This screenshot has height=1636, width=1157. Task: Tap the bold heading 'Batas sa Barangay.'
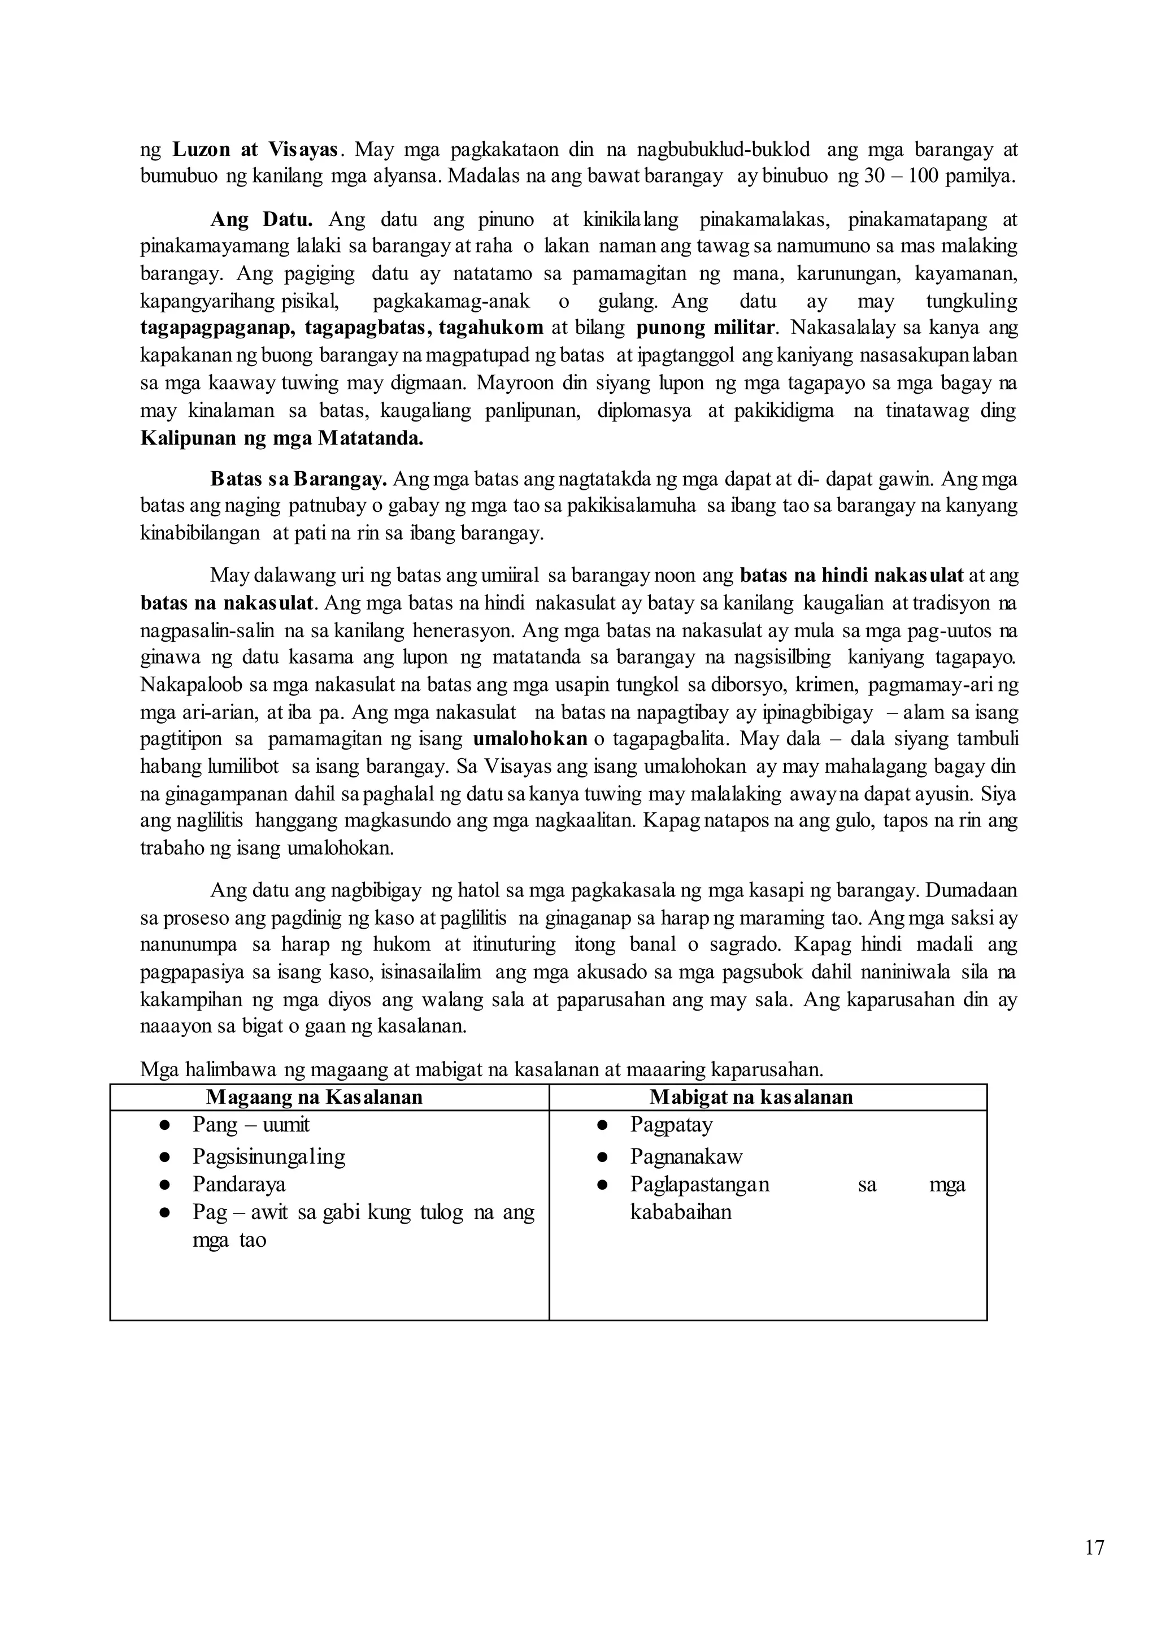(x=298, y=479)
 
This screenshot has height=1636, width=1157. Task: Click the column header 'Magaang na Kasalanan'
(x=314, y=1097)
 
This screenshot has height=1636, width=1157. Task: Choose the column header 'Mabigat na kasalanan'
(x=751, y=1097)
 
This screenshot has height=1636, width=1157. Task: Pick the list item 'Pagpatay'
(x=671, y=1125)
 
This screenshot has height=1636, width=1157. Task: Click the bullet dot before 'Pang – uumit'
(x=164, y=1125)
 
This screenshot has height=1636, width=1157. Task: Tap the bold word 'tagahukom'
(x=491, y=328)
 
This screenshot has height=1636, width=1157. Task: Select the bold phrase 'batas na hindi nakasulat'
(x=852, y=576)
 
